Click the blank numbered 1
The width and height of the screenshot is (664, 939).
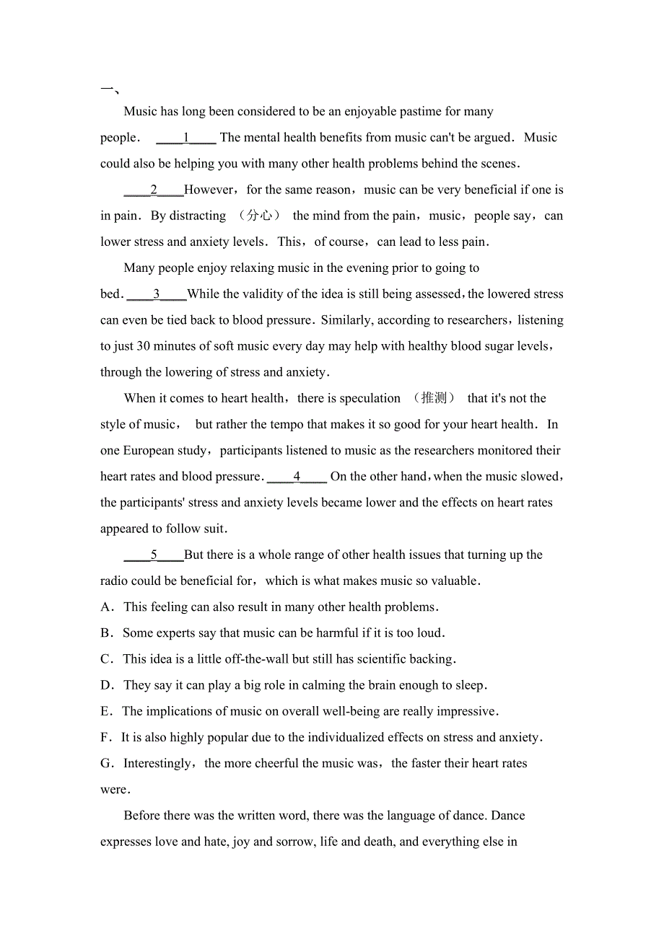tap(186, 138)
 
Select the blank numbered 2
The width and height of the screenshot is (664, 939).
tap(154, 190)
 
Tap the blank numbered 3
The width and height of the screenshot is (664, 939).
tap(157, 294)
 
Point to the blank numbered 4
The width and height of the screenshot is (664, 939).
tap(297, 477)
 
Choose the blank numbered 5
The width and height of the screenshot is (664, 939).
tap(154, 555)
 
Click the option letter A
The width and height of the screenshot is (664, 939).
tap(107, 607)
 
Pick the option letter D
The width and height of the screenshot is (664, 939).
tap(107, 685)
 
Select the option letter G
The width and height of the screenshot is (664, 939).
tap(107, 764)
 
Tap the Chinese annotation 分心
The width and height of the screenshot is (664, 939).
tap(259, 216)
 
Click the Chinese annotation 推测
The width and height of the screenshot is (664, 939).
tap(434, 398)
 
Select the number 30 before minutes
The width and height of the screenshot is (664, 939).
tap(144, 346)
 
